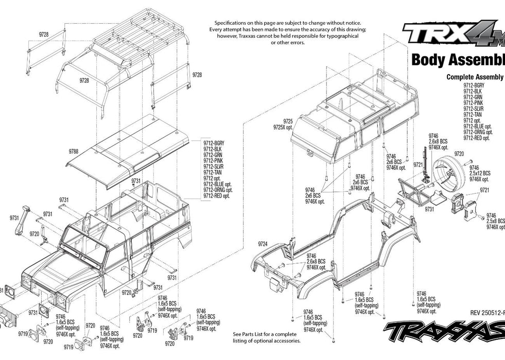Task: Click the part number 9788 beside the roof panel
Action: click(x=73, y=152)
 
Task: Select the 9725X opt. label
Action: click(x=283, y=127)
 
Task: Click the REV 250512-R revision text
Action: click(x=487, y=312)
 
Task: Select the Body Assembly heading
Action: click(x=458, y=60)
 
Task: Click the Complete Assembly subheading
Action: click(x=475, y=77)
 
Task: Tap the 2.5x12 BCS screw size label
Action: click(x=480, y=173)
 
